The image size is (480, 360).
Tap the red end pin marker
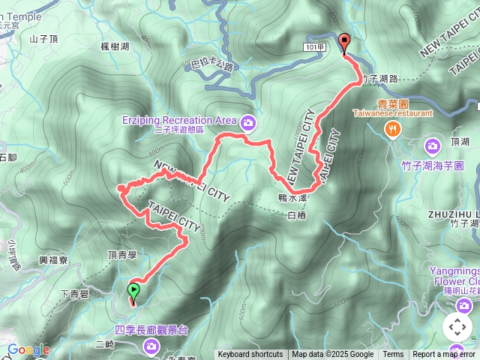pyautogui.click(x=344, y=43)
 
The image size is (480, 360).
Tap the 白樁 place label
pyautogui.click(x=298, y=216)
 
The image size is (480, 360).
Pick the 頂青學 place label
pyautogui.click(x=122, y=255)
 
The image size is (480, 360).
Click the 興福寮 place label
pyautogui.click(x=54, y=260)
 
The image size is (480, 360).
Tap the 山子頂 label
pyautogui.click(x=43, y=39)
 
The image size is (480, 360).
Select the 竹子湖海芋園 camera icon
pyautogui.click(x=433, y=145)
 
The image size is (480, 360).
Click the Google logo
pyautogui.click(x=28, y=349)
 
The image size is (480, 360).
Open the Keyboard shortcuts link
pyautogui.click(x=250, y=355)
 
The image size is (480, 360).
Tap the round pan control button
pyautogui.click(x=457, y=328)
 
